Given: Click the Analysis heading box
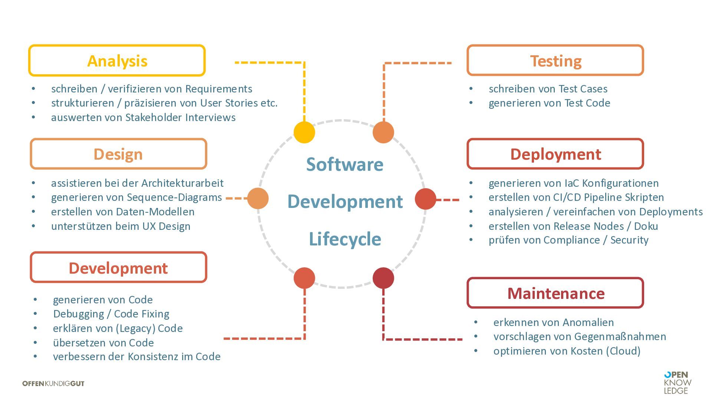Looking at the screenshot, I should tap(117, 61).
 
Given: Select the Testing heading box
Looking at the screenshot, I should tap(555, 61).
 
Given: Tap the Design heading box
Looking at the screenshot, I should tap(118, 154).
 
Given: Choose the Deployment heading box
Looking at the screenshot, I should tap(555, 154).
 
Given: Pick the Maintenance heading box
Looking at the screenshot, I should tap(555, 293).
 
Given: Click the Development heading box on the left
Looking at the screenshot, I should tap(118, 267).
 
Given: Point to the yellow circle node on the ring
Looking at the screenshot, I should tap(304, 132).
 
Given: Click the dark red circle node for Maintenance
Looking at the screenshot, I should tap(383, 278).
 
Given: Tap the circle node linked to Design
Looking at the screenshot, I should tap(258, 198).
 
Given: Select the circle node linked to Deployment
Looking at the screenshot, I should tap(425, 199).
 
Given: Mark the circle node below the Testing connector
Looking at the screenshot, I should tap(383, 132).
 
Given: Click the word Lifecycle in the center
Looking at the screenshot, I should tap(345, 239).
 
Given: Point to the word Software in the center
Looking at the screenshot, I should tap(345, 164).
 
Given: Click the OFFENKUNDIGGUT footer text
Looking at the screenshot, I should tap(53, 384).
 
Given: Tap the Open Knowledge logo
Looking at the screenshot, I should tap(678, 382).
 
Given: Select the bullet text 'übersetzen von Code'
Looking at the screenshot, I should tap(103, 342).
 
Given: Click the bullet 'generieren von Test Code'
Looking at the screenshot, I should tap(549, 103).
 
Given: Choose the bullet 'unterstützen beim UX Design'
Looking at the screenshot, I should tap(121, 226).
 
